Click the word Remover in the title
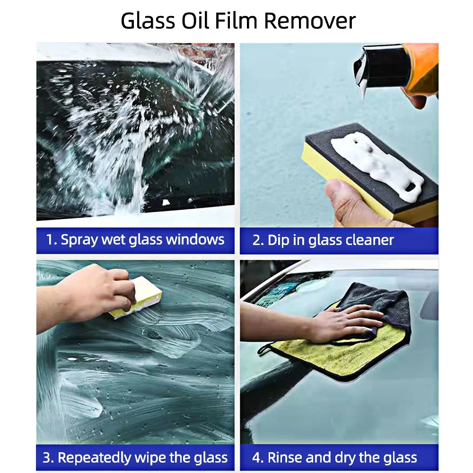(309, 21)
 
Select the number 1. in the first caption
(51, 239)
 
